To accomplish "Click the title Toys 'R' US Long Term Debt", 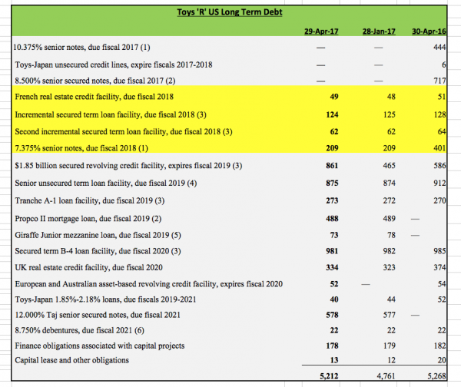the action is [x=230, y=12].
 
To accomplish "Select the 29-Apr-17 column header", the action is [x=321, y=31].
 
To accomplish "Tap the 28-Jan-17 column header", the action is [x=379, y=31].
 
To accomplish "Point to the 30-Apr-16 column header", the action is [x=429, y=31].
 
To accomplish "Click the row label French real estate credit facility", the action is [x=94, y=97].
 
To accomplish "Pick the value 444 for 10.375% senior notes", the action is [x=439, y=47].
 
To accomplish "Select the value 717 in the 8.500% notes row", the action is [x=439, y=81].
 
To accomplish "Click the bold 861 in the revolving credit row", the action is [x=332, y=166].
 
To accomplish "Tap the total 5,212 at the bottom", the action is [x=329, y=375].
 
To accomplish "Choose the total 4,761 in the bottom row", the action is [x=386, y=375].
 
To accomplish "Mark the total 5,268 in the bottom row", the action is [x=436, y=375].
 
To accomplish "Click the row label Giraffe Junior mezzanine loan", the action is [x=98, y=235].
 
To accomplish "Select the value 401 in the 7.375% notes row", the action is [x=439, y=148].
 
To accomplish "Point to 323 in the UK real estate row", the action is [x=390, y=267].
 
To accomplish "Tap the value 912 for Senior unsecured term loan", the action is [x=439, y=183].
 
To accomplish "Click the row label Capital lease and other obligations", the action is [x=71, y=360].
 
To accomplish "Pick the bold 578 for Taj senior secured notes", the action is [x=332, y=315].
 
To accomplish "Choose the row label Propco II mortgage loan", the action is [x=88, y=219].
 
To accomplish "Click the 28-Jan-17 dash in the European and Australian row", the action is [x=366, y=284].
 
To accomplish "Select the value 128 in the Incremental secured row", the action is [x=439, y=114].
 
